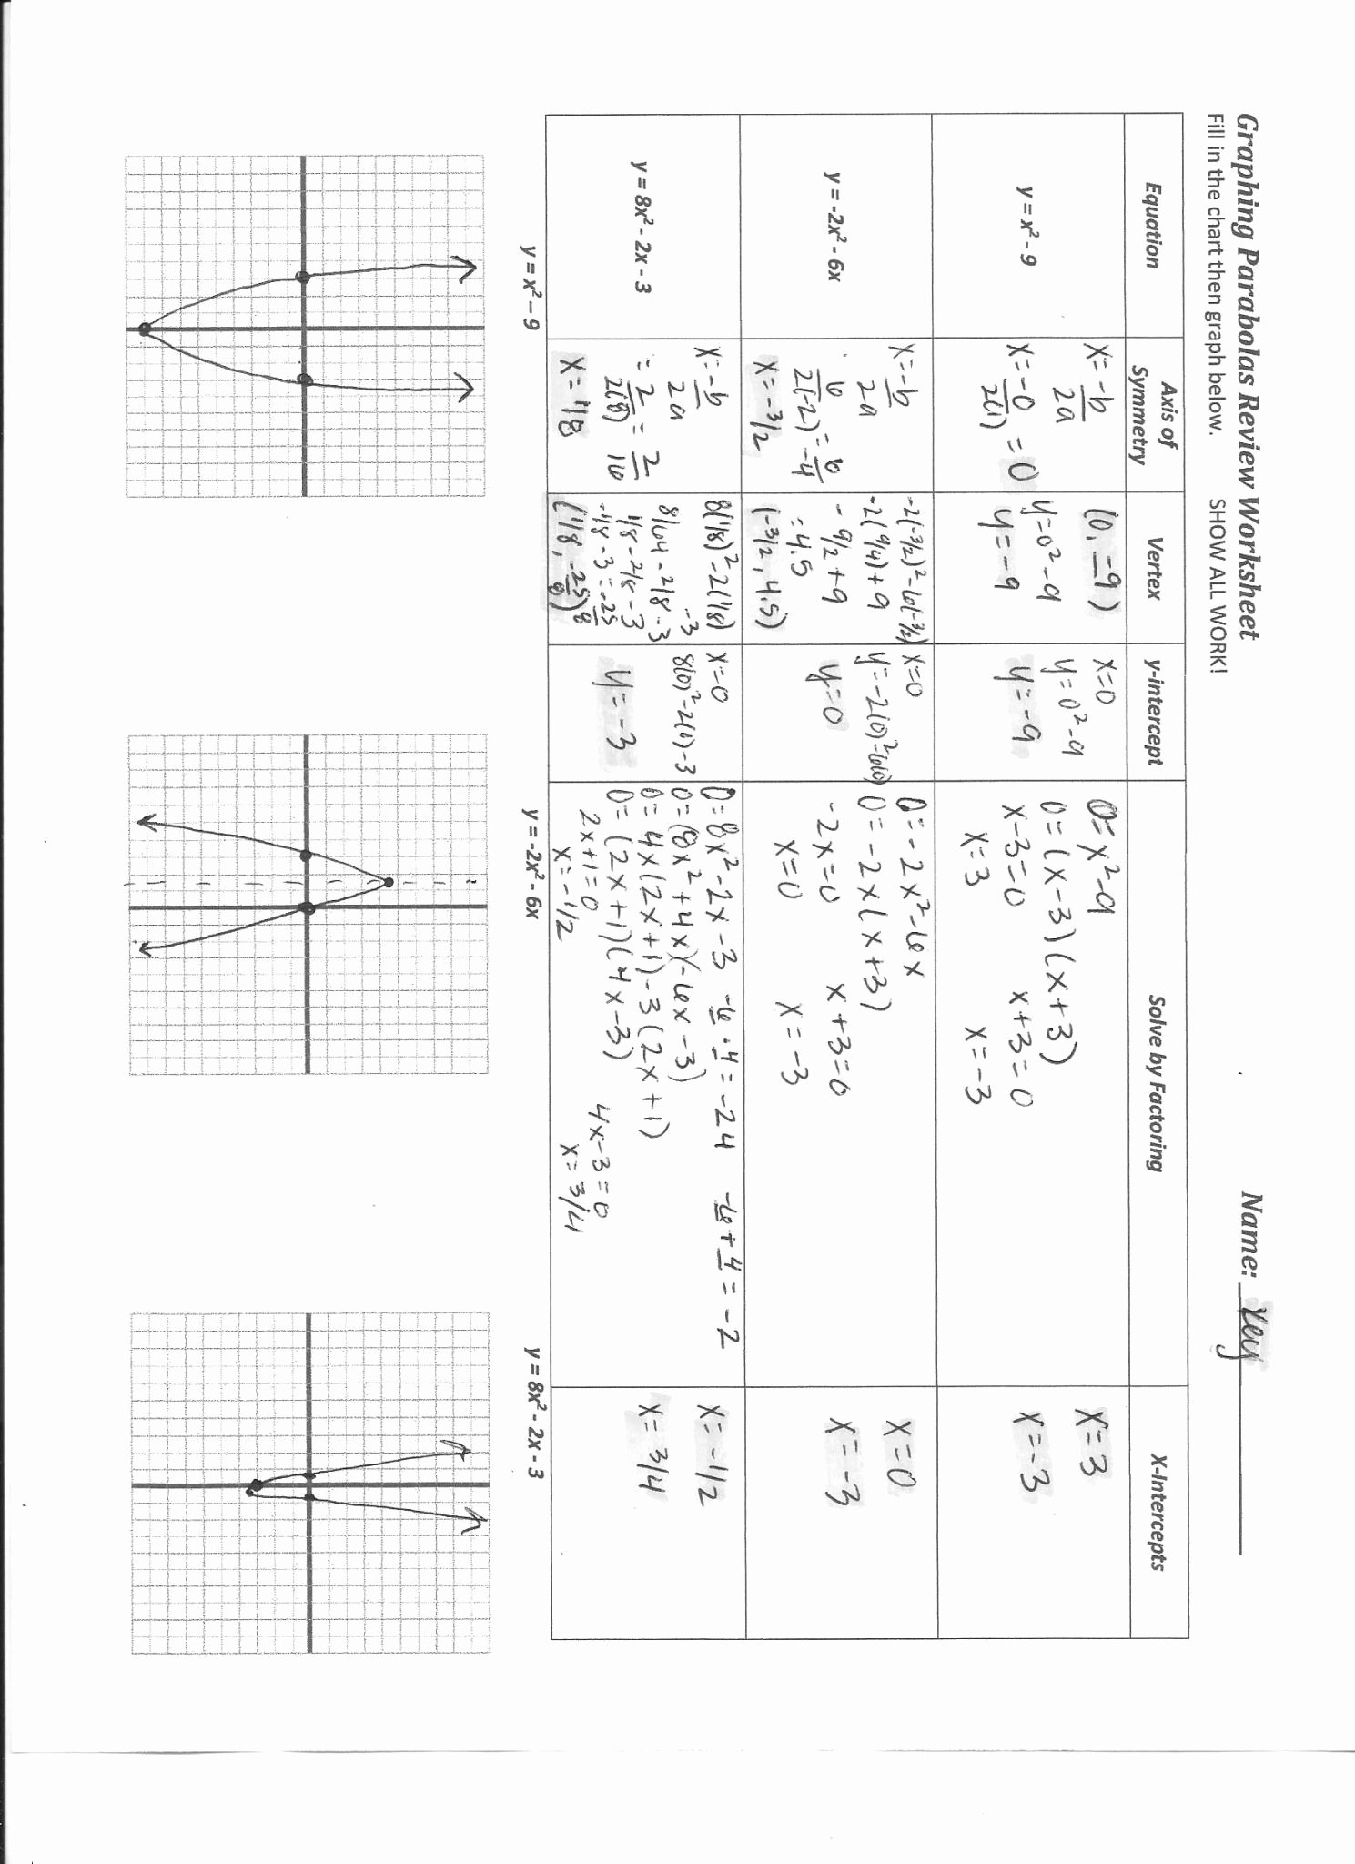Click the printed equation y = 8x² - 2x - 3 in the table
(642, 227)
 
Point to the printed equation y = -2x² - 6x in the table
(834, 227)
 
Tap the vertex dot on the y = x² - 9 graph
(145, 329)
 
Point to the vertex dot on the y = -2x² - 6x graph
(389, 882)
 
